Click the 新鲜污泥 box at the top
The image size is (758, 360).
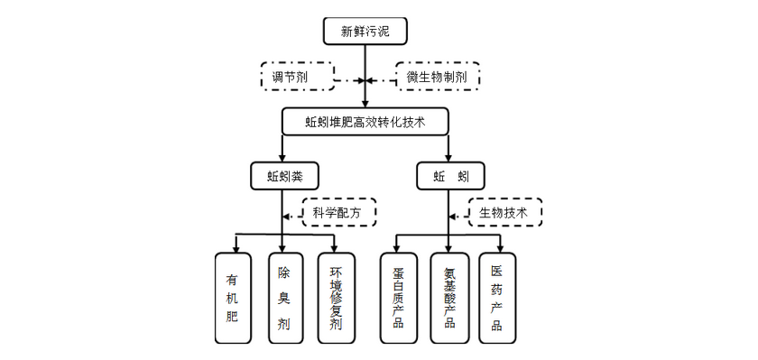tap(365, 32)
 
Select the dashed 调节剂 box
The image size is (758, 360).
tap(296, 78)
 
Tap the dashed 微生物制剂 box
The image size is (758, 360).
tap(438, 78)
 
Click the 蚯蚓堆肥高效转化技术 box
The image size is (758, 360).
tap(365, 121)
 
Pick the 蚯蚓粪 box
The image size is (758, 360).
tap(284, 174)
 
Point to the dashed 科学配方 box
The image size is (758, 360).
tap(338, 213)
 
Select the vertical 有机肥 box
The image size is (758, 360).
tap(233, 298)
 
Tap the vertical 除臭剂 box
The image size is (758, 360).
tap(284, 298)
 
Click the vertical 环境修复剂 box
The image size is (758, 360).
tap(336, 298)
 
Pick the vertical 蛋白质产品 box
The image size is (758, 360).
tap(398, 298)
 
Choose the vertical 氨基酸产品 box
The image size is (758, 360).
tap(449, 298)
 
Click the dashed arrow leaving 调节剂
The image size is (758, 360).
tap(347, 80)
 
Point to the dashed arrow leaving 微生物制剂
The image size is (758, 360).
tap(383, 80)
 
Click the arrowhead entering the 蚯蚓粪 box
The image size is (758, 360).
tap(284, 157)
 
